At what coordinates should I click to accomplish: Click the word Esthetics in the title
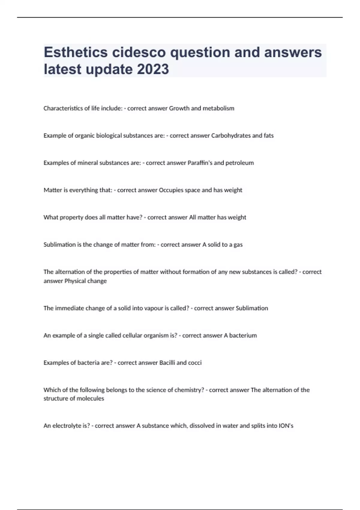click(x=76, y=52)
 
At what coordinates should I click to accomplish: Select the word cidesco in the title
click(x=139, y=52)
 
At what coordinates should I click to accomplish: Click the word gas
click(x=238, y=245)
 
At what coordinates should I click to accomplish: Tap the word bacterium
click(x=243, y=336)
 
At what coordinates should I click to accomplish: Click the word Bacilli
click(x=167, y=363)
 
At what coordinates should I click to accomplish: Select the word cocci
click(x=195, y=363)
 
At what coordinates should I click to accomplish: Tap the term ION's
click(x=286, y=426)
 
